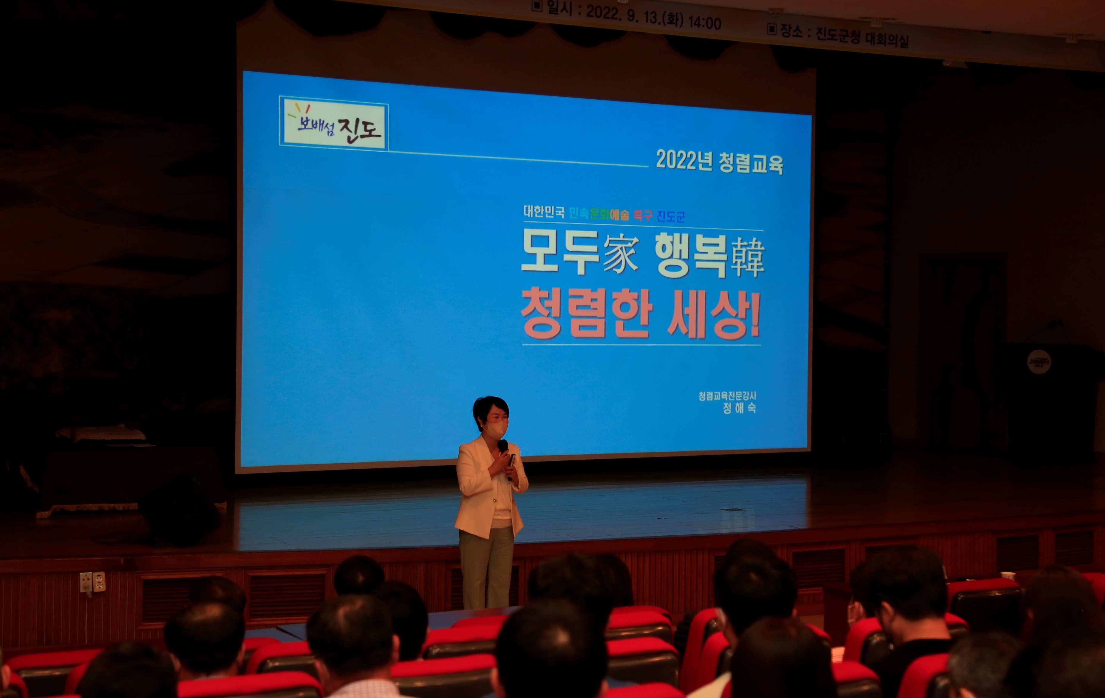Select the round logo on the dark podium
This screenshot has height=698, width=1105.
1039,361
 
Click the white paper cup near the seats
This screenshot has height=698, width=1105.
1008,575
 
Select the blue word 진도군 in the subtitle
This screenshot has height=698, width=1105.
670,216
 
